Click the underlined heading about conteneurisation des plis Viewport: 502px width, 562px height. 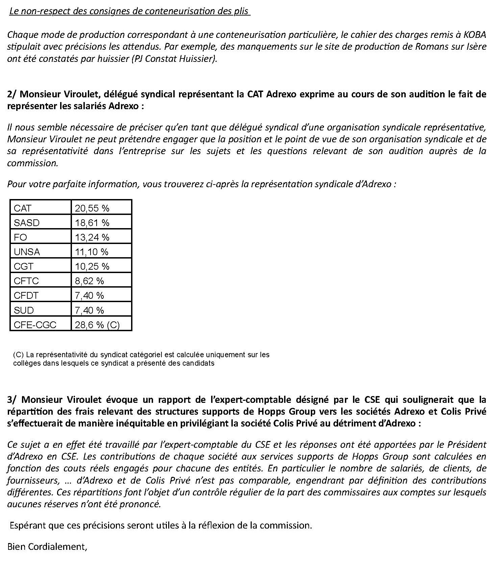[x=129, y=11]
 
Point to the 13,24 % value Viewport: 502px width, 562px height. [x=92, y=237]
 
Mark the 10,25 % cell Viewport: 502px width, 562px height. [x=92, y=266]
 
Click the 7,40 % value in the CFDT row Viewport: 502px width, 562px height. [x=90, y=295]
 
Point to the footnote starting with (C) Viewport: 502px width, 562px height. [x=141, y=359]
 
